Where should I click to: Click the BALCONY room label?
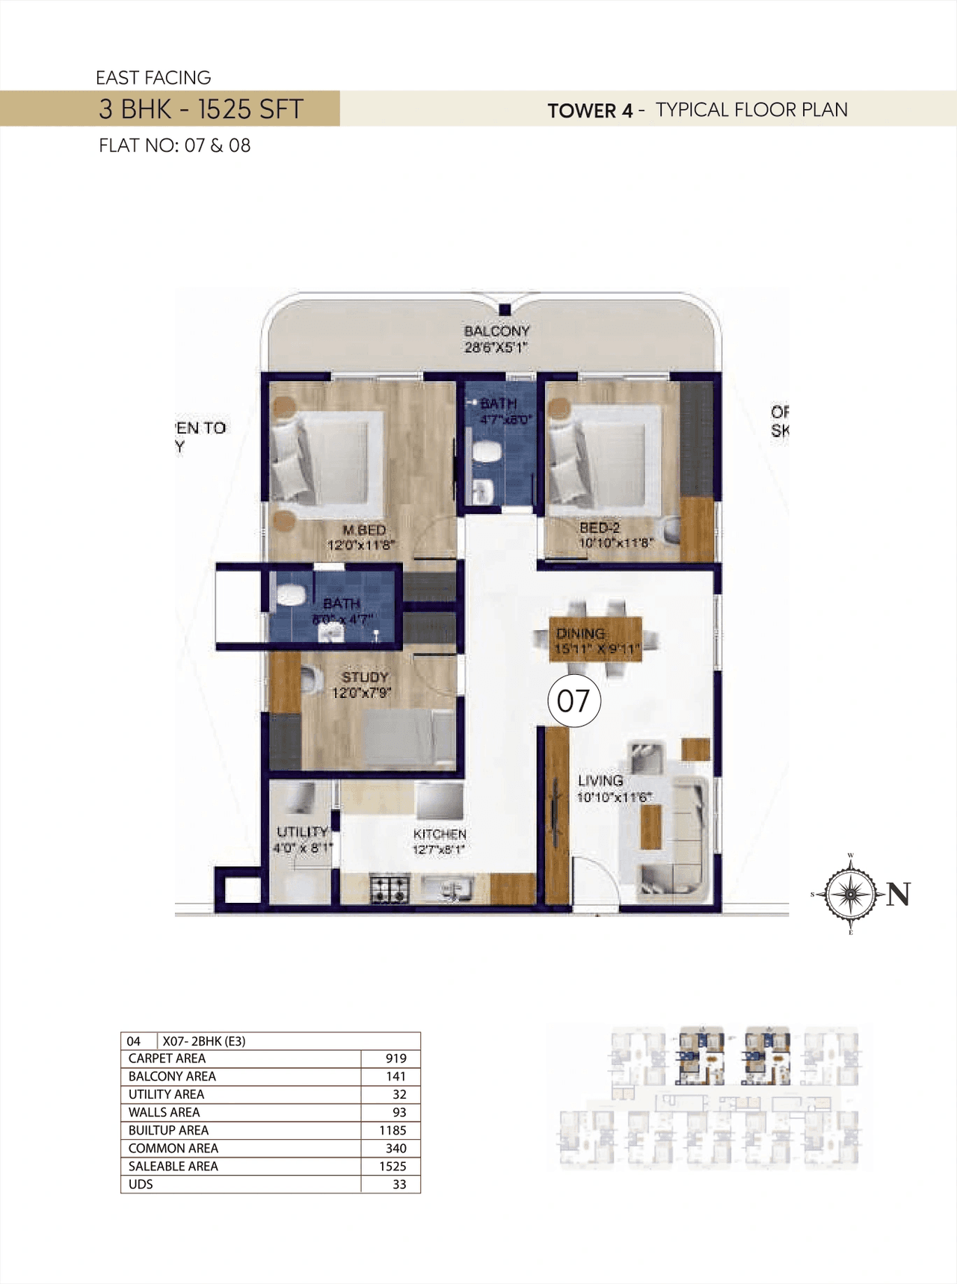click(x=496, y=331)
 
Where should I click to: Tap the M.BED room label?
click(x=364, y=530)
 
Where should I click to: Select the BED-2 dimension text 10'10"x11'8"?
click(x=615, y=543)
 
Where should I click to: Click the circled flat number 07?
click(x=574, y=701)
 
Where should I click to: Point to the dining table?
click(x=596, y=640)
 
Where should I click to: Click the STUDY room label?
click(x=365, y=677)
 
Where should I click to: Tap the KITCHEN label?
click(x=440, y=834)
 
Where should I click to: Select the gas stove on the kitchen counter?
click(x=390, y=889)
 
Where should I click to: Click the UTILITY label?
click(x=302, y=832)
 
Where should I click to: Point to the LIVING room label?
click(x=600, y=780)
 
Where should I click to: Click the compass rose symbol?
click(x=851, y=894)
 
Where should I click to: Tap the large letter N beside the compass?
click(x=898, y=894)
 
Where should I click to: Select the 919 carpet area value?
click(x=396, y=1058)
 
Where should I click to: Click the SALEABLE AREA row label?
click(x=173, y=1166)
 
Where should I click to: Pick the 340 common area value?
click(x=396, y=1148)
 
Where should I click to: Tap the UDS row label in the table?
click(x=141, y=1184)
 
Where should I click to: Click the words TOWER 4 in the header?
click(x=590, y=111)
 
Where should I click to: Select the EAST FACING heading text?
click(x=153, y=78)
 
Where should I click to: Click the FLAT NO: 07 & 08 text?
click(x=174, y=146)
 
